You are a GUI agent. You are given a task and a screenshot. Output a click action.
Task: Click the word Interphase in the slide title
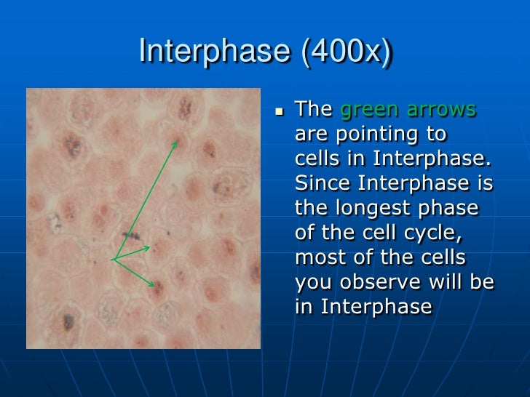point(215,51)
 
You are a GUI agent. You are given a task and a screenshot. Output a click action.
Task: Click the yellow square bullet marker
point(280,111)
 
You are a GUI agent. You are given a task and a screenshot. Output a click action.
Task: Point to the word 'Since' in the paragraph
point(322,183)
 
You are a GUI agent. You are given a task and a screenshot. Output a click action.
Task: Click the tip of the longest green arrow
point(177,142)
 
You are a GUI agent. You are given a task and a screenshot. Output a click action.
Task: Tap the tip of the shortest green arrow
point(150,247)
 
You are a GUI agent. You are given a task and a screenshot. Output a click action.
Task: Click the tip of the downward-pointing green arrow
point(154,286)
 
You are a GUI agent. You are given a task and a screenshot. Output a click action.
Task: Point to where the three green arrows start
point(114,260)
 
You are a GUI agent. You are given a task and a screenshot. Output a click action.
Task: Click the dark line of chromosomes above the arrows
point(131,235)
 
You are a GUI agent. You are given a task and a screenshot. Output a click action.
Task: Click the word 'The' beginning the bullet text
point(314,109)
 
